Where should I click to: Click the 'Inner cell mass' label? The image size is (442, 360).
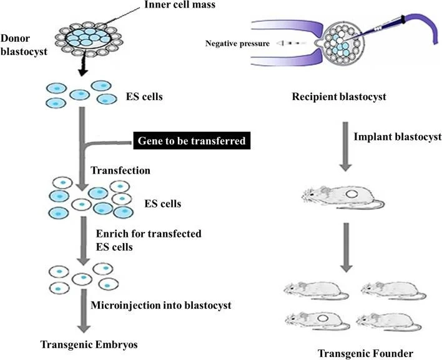point(180,4)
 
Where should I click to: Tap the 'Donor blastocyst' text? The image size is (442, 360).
point(24,45)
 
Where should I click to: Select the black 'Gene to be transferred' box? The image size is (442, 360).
point(192,141)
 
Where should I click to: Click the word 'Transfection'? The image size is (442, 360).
point(120,171)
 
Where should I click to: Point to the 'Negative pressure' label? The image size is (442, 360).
point(237,44)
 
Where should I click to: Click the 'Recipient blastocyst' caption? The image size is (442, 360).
point(339,97)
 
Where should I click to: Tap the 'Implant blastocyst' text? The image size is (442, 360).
point(398,137)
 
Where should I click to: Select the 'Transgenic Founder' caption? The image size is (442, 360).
point(365,353)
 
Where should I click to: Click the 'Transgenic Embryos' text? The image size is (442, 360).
point(89,344)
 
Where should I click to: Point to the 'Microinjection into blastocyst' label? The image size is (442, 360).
point(161,305)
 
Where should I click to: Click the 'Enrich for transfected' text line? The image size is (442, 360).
point(149,234)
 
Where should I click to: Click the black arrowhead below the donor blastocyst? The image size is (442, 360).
point(82,72)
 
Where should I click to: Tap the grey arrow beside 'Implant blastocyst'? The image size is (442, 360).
point(345,146)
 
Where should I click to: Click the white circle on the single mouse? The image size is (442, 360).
point(352,194)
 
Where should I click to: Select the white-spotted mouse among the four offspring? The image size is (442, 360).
point(318,321)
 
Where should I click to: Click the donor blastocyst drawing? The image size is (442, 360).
point(89,39)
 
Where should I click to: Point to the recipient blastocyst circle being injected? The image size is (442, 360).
point(343,44)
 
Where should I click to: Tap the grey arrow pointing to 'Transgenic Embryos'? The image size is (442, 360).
point(84,311)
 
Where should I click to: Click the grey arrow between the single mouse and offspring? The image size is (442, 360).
point(346,247)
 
